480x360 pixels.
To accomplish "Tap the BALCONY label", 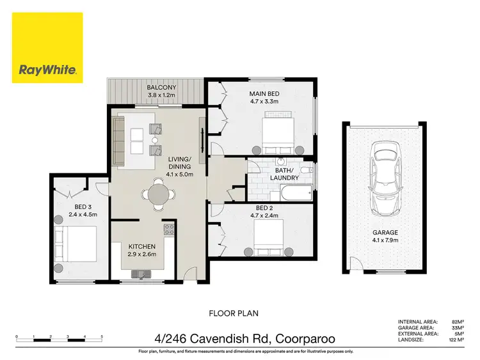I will pos(157,88).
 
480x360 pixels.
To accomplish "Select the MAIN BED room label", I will pos(264,94).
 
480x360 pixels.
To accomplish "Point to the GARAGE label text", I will pos(385,233).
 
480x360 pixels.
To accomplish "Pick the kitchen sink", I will pos(140,274).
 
